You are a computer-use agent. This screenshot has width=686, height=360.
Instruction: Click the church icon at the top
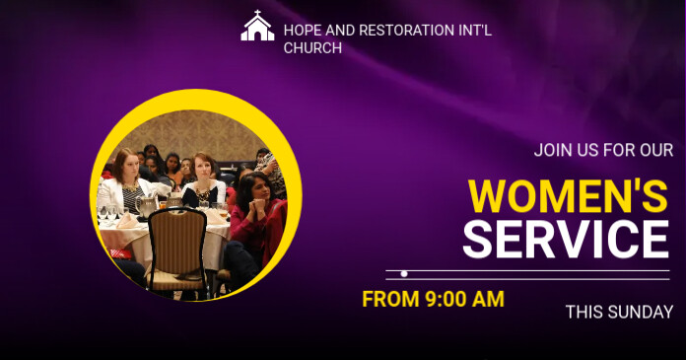click(257, 27)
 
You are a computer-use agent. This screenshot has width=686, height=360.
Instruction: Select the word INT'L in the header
click(474, 30)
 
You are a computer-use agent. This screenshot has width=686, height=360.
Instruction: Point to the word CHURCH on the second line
click(312, 47)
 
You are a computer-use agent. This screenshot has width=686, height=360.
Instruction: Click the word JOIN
click(553, 151)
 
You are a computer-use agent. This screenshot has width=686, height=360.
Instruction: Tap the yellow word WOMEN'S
click(568, 195)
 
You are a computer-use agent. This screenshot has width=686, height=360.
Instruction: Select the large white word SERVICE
click(566, 240)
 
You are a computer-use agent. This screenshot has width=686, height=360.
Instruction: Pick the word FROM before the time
click(385, 299)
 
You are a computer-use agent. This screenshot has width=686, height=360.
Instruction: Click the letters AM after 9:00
click(488, 299)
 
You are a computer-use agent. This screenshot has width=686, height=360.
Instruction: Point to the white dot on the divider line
click(404, 273)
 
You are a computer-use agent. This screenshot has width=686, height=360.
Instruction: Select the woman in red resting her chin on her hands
click(254, 212)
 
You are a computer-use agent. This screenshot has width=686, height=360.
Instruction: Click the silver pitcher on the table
click(147, 206)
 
